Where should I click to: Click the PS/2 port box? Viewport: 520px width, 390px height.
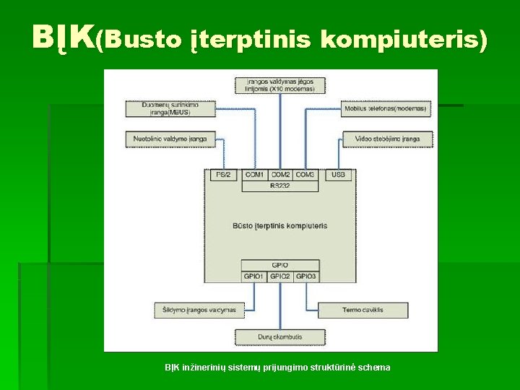[x=222, y=175]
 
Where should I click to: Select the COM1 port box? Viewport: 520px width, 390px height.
[x=254, y=175]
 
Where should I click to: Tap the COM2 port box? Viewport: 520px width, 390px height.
[x=280, y=175]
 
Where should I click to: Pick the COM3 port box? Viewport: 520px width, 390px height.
[x=305, y=175]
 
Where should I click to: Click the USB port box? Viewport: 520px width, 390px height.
[x=338, y=175]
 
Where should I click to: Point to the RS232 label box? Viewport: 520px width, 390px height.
[x=279, y=186]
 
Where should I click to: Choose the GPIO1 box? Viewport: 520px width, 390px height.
[x=254, y=276]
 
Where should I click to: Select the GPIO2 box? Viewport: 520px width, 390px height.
[x=279, y=276]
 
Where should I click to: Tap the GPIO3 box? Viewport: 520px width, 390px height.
[x=305, y=276]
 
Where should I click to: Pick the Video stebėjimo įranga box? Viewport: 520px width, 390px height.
[x=386, y=139]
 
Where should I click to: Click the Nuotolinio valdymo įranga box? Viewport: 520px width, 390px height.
[x=170, y=139]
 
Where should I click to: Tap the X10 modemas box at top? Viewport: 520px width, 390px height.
[x=280, y=85]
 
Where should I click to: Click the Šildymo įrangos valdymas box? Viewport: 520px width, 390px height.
[x=195, y=310]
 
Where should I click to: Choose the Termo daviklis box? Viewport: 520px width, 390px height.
[x=363, y=310]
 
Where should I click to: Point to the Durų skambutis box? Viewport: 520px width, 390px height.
[x=279, y=337]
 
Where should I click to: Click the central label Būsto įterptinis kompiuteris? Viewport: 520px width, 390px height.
[x=280, y=225]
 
